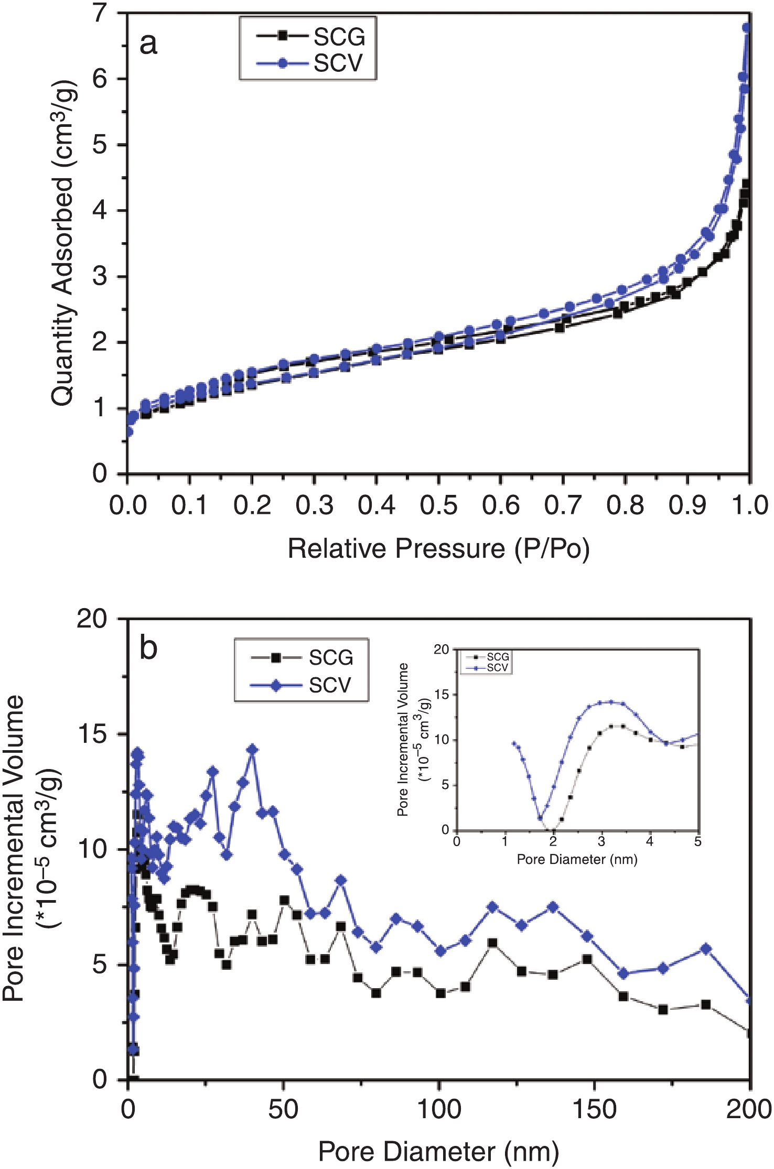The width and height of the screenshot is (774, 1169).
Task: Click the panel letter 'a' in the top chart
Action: click(x=148, y=44)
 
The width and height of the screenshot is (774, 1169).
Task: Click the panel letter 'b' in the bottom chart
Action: click(x=148, y=648)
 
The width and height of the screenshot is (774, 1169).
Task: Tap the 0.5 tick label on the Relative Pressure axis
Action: click(x=438, y=505)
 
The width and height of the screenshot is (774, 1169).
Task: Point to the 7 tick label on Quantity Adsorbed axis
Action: click(x=100, y=13)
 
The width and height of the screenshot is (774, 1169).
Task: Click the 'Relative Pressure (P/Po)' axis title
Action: click(x=438, y=549)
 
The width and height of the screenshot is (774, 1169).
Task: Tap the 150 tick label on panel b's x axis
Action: click(x=595, y=1109)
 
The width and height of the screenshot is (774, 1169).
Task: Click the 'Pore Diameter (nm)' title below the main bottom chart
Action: click(x=438, y=1152)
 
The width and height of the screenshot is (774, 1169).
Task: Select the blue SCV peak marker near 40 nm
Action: click(x=252, y=750)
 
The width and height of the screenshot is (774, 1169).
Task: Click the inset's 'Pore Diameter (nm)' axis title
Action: click(x=577, y=859)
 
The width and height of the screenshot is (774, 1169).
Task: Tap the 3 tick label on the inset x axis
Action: click(x=601, y=842)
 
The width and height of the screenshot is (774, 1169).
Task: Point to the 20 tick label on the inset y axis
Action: click(x=442, y=649)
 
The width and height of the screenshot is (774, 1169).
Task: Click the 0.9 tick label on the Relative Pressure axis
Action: click(x=687, y=505)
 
